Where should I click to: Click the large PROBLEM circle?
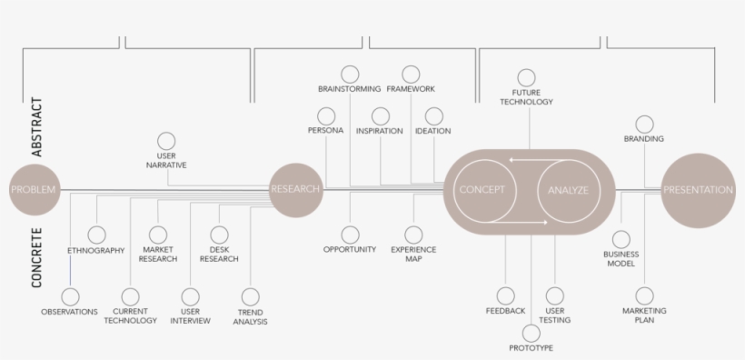point(33,190)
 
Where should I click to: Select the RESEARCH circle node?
point(296,190)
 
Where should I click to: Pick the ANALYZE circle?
point(568,191)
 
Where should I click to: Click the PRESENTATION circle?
point(698,191)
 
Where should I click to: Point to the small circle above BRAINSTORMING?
point(350,74)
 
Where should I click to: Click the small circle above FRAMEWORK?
point(411,74)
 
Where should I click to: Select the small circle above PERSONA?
point(326,115)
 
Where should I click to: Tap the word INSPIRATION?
point(380,131)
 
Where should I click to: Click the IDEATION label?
point(433,131)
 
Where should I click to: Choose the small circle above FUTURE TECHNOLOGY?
point(526,77)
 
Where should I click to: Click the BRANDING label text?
point(644,139)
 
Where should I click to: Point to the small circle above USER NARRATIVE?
point(166,140)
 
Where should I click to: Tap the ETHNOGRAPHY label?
point(96,251)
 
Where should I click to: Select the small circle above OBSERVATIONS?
point(69,296)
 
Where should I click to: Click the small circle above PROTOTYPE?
point(531,332)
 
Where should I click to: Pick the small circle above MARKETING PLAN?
point(644,295)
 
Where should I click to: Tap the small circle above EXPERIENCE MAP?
point(413,235)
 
